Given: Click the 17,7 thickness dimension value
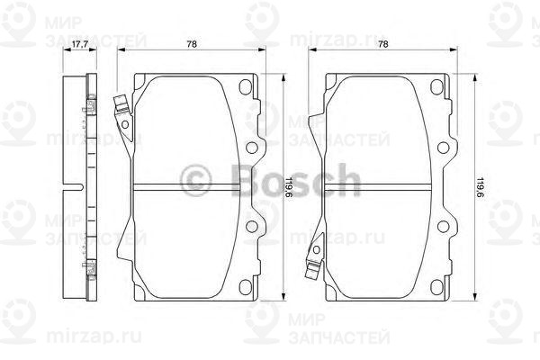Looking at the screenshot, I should point(78,44).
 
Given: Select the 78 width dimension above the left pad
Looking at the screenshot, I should point(192,44).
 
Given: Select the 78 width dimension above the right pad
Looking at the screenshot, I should point(383,44).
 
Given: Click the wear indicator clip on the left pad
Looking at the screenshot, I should point(120,109).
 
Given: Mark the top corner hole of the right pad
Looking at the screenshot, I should point(436,88).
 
